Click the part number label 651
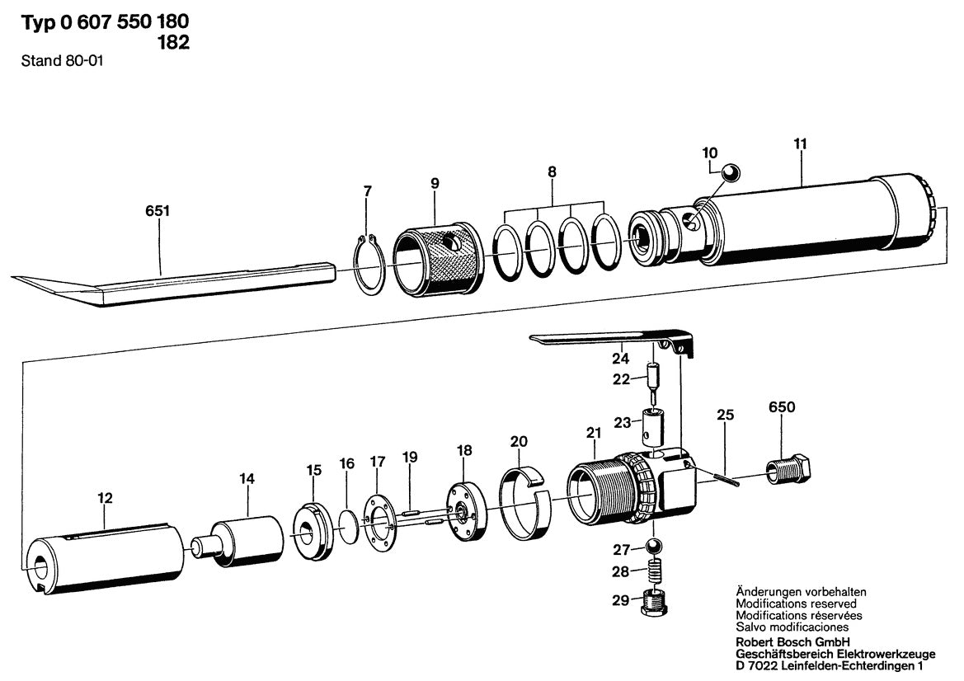pos(158,212)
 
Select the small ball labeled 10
pos(731,172)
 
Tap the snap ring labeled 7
pos(370,264)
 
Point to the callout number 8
pos(552,172)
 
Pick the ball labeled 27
pos(654,547)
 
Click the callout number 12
pos(105,498)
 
